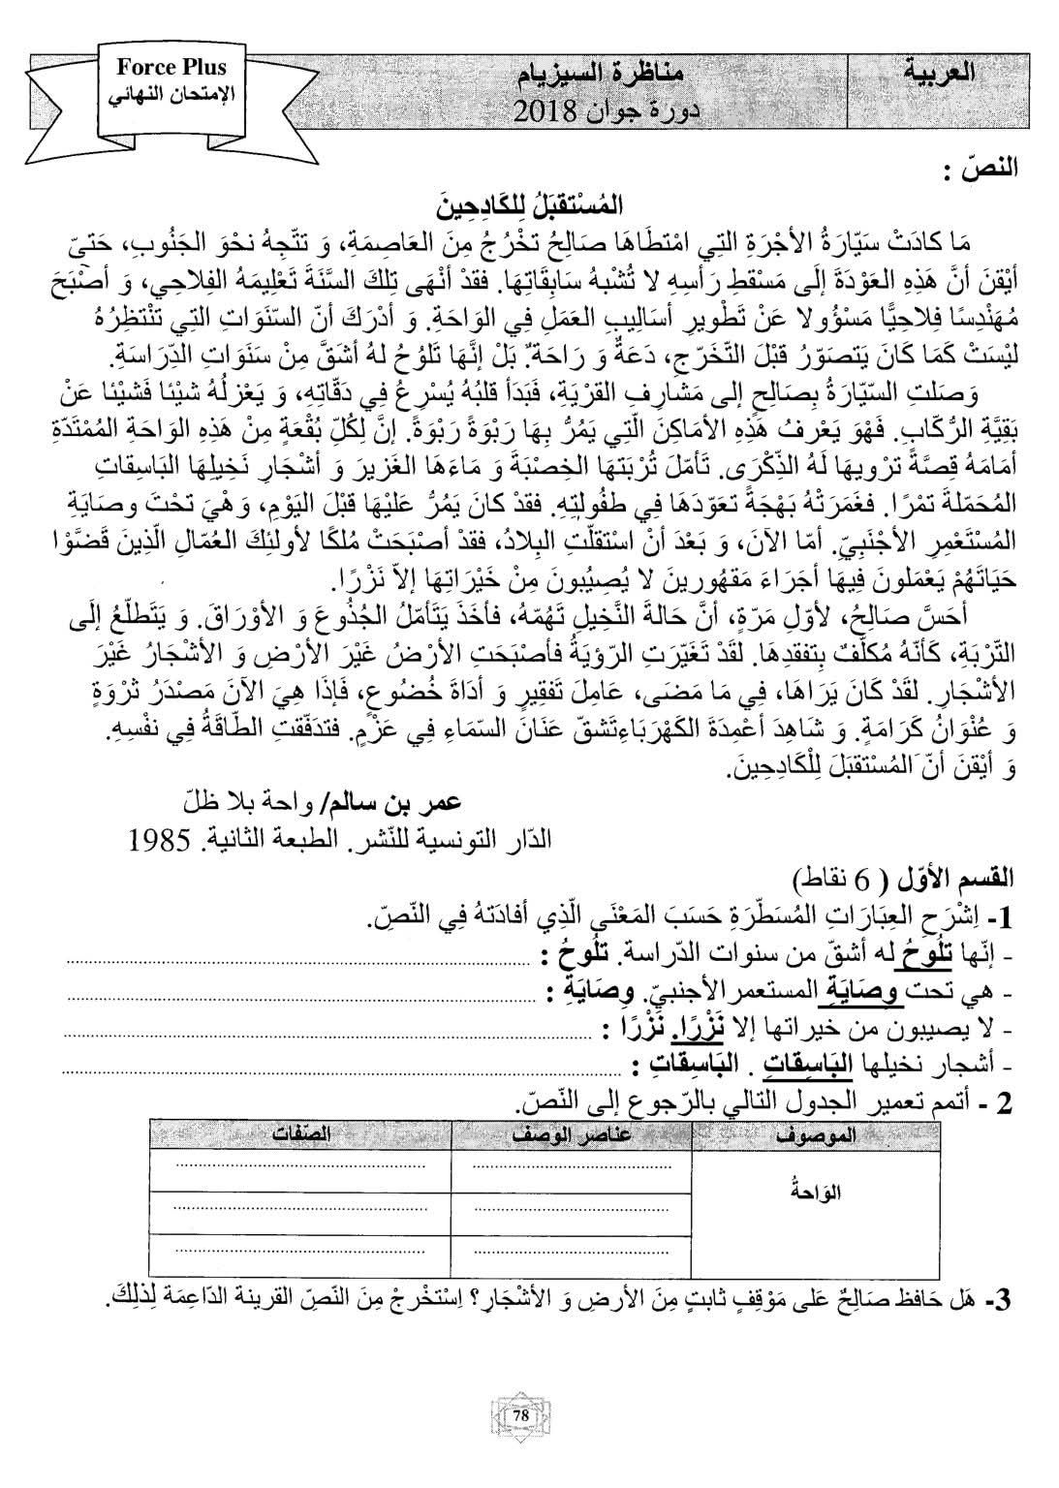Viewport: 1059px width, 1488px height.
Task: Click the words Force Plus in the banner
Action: pos(171,67)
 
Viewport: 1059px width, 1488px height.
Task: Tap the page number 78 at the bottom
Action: pos(521,1416)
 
